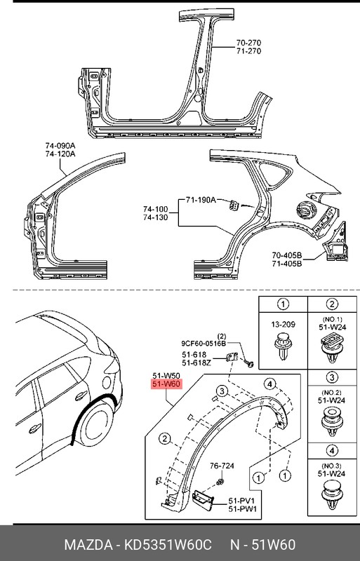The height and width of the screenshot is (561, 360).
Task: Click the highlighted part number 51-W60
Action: pyautogui.click(x=167, y=384)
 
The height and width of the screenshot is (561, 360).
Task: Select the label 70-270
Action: pyautogui.click(x=248, y=41)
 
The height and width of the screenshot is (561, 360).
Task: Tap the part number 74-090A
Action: pyautogui.click(x=60, y=145)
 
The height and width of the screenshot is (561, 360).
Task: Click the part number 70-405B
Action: pyautogui.click(x=286, y=255)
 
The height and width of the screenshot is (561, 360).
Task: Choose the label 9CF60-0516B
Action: pyautogui.click(x=203, y=344)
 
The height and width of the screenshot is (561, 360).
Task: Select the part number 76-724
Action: pyautogui.click(x=224, y=466)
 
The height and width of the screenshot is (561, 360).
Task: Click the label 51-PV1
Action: pyautogui.click(x=241, y=500)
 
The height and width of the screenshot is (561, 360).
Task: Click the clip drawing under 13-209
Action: pyautogui.click(x=282, y=349)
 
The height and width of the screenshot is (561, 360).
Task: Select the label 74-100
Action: pyautogui.click(x=156, y=209)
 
